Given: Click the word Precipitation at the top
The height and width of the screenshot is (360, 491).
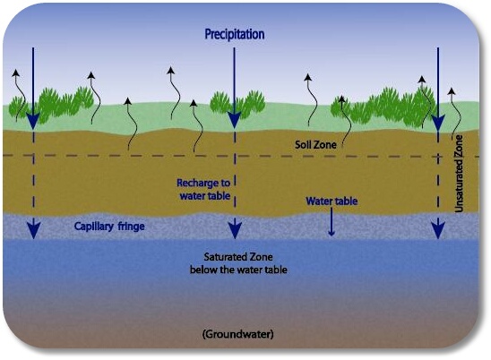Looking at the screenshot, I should [235, 34].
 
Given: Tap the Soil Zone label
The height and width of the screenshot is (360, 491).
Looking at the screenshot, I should [314, 143].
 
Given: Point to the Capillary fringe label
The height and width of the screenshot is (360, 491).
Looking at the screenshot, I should [110, 227].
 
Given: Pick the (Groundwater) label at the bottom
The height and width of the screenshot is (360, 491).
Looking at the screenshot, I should [237, 334].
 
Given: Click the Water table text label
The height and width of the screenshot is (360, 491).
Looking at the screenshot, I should [332, 201].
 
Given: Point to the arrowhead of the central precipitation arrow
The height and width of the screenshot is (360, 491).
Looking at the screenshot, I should [235, 118].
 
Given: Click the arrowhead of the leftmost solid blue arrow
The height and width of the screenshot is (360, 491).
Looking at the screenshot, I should [33, 118].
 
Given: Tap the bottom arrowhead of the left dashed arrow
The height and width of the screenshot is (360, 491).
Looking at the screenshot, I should [33, 230].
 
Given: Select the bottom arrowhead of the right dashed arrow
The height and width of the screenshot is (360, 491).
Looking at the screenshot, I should [437, 230].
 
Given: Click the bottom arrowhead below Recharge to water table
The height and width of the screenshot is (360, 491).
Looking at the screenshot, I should [235, 230].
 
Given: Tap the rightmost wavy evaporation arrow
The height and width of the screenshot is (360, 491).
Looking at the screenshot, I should [453, 107].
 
